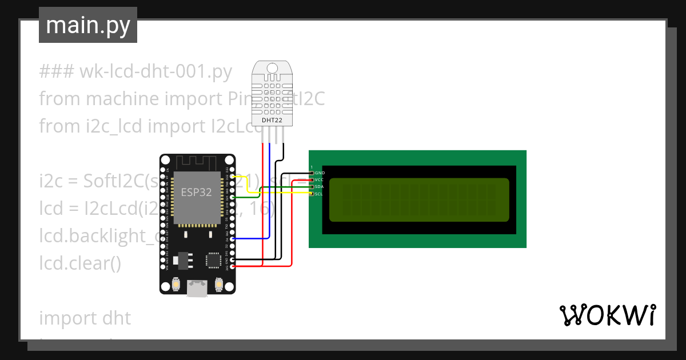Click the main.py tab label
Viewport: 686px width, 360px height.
(88, 25)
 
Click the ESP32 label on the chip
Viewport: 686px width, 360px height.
(196, 193)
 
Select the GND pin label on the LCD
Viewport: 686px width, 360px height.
(320, 173)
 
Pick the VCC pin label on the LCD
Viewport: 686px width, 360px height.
(319, 179)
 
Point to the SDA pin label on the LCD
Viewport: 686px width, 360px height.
(319, 187)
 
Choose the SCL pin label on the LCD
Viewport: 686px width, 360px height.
(319, 194)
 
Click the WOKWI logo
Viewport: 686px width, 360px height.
(607, 315)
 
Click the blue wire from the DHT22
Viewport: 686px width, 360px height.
(269, 189)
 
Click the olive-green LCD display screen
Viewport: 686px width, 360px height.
(418, 200)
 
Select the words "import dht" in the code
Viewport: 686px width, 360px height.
(85, 318)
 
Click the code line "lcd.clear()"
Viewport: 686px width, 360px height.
(80, 263)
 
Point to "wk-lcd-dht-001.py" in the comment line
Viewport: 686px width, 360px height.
(155, 72)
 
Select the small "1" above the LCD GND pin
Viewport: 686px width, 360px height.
(312, 167)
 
